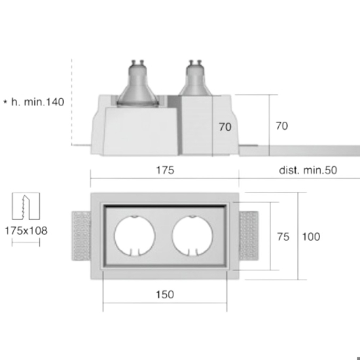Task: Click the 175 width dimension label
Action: [165, 170]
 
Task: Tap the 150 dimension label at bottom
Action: [165, 295]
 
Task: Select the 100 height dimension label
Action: [311, 237]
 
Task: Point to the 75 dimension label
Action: [283, 237]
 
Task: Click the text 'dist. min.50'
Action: [308, 170]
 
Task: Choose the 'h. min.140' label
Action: [38, 102]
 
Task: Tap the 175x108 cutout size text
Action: [26, 231]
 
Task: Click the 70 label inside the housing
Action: [225, 127]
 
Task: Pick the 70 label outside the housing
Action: [281, 126]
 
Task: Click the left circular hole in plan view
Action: [135, 236]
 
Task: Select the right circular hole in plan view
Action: [192, 236]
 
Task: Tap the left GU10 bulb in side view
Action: [137, 84]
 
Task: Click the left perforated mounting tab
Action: [81, 236]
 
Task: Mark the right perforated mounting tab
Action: [249, 236]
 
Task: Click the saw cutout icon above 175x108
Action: [26, 206]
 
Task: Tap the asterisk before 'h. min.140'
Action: [5, 101]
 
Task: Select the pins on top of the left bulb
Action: [137, 62]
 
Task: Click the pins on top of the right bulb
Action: [195, 62]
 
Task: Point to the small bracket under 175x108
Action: [26, 242]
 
